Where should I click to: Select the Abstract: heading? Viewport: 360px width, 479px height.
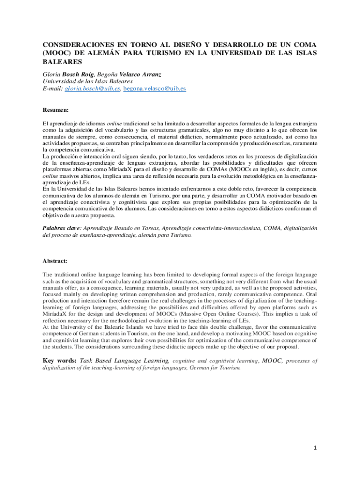coord(55,261)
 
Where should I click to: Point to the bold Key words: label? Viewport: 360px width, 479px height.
coord(59,361)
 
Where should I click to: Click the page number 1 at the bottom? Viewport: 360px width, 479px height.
coord(315,448)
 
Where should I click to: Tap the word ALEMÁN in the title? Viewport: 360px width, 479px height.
coord(102,53)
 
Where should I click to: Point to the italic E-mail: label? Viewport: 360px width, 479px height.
coord(53,88)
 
